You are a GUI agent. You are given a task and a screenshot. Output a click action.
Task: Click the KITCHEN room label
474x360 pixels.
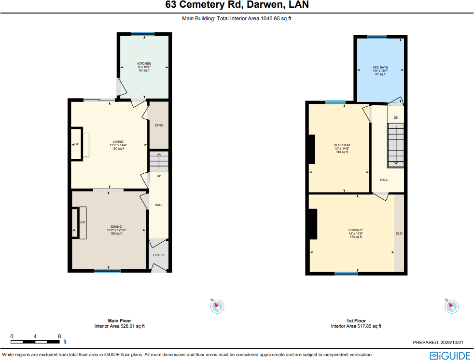pos(144,64)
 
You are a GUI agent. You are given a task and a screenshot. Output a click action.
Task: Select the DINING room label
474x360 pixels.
pos(116,226)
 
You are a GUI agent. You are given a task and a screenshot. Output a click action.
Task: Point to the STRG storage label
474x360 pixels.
pos(159,125)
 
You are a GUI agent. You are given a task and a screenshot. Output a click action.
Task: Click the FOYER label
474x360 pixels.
pos(158,255)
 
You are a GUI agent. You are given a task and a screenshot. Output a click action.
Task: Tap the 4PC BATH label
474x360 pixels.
pos(380,68)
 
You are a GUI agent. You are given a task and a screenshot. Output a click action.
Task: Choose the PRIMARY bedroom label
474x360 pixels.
pos(355,230)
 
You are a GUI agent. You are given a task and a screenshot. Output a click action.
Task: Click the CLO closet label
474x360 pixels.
pos(399,234)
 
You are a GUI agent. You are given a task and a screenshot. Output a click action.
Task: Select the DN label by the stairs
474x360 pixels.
pos(396,118)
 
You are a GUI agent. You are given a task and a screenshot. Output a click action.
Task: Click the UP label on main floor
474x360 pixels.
pos(158,176)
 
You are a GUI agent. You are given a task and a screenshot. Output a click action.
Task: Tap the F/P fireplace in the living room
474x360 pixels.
pos(76,144)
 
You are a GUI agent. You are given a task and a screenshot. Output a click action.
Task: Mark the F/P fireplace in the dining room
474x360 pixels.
pos(83,222)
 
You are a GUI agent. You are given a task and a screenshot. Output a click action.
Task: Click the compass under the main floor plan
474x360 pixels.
pos(218,306)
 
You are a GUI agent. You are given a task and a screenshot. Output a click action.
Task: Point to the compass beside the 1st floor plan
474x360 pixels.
pos(452,306)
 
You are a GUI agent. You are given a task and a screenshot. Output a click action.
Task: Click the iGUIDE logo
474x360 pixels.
pos(449,356)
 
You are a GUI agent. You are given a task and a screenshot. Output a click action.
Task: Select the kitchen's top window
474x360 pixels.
pos(142,34)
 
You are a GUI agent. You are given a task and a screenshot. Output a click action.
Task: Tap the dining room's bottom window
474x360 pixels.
pos(107,271)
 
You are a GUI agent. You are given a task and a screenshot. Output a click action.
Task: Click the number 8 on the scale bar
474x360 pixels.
pos(59,336)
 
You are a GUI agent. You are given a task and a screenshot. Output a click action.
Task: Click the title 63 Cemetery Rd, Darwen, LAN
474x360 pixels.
pos(237,5)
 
